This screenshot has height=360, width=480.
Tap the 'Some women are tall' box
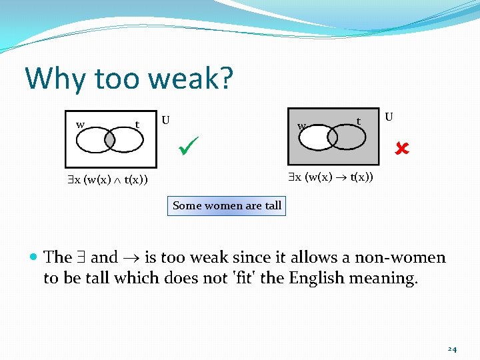point(227,205)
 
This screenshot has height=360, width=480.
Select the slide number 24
point(452,349)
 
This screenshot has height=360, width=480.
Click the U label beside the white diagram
point(165,121)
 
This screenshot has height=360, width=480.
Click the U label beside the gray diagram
point(389,117)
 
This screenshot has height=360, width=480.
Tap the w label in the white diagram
point(80,124)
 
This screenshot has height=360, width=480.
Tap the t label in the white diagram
point(137,124)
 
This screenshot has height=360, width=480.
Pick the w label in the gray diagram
point(302,125)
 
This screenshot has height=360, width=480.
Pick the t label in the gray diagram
point(359,121)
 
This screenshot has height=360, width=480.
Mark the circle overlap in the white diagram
point(105,140)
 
